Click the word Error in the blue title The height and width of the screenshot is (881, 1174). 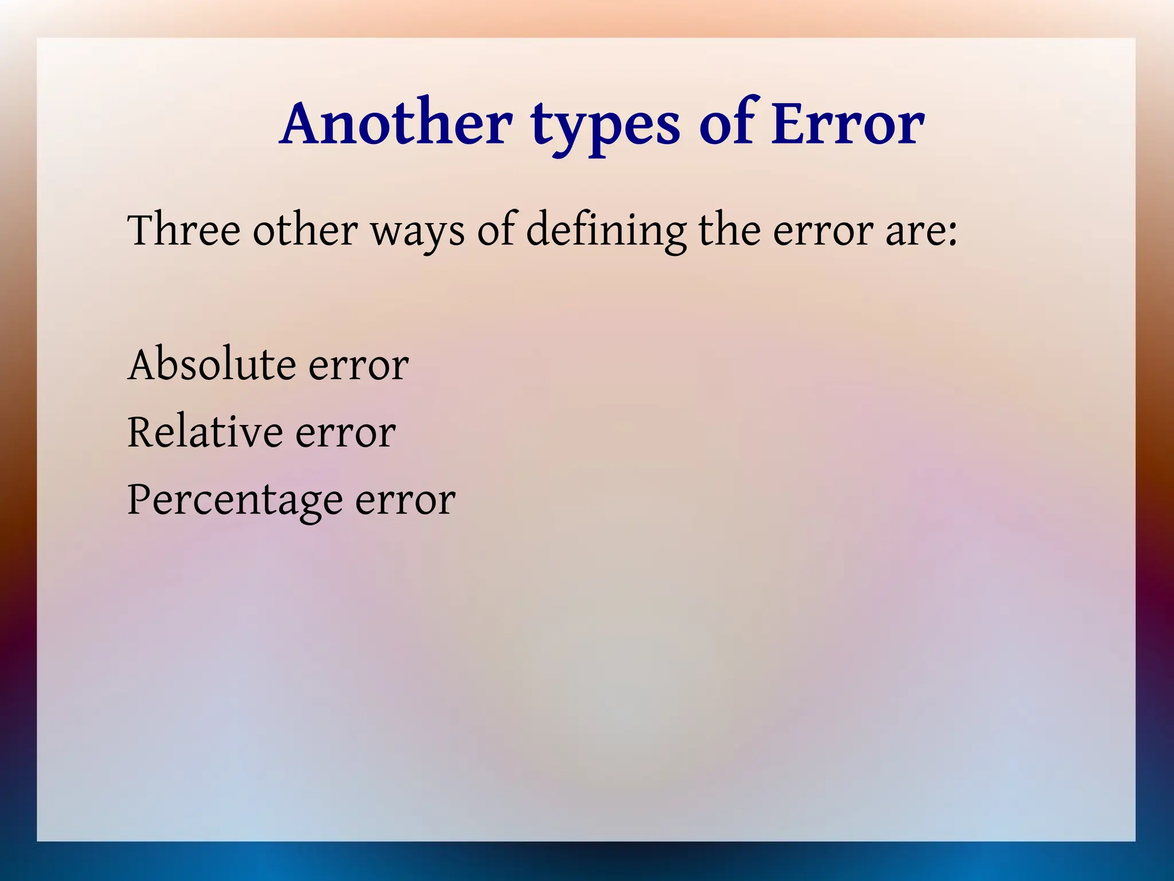pyautogui.click(x=848, y=123)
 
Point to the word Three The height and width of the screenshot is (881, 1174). pyautogui.click(x=184, y=230)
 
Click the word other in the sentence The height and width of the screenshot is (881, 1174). pyautogui.click(x=305, y=230)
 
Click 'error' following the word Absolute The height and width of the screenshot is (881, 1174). pyautogui.click(x=359, y=367)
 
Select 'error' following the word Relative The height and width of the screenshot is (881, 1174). pyautogui.click(x=346, y=434)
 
